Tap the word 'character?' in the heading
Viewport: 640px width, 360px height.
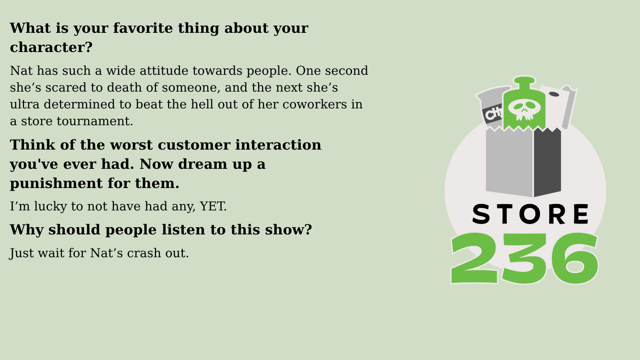(x=51, y=47)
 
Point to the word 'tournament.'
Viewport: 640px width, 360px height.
(x=95, y=121)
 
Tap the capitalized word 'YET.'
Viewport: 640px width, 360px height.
(x=213, y=206)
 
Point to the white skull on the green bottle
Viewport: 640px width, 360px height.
(x=524, y=110)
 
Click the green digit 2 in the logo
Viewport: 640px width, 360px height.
(x=474, y=258)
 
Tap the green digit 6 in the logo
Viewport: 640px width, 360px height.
(x=574, y=258)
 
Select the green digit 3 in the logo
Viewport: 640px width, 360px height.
(x=524, y=258)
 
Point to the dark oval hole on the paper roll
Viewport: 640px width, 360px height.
(x=554, y=94)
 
